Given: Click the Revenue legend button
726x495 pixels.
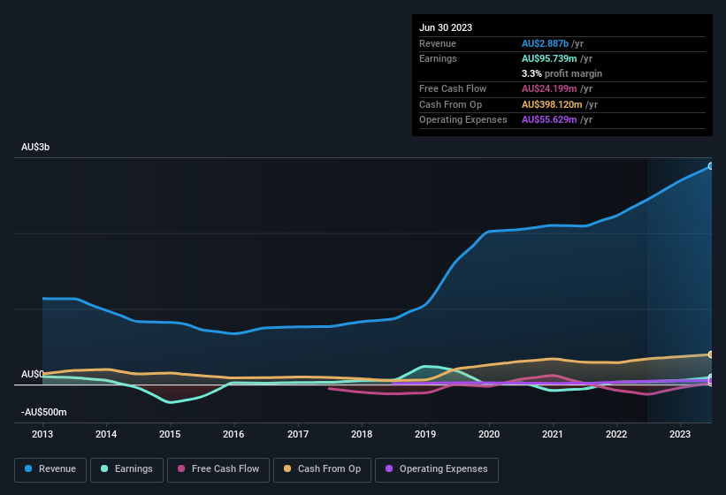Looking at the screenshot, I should (x=50, y=469).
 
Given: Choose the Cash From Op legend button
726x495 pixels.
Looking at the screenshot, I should (x=321, y=469).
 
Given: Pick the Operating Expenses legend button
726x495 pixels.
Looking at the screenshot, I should (x=437, y=469).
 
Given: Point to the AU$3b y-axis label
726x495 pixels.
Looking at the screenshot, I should (x=35, y=148).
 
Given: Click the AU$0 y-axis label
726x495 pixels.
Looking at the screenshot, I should (x=33, y=374).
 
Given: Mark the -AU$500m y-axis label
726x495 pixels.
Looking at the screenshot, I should (x=43, y=413).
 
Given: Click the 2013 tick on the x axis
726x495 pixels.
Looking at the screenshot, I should (x=42, y=434).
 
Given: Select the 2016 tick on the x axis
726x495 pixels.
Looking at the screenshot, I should (x=233, y=434).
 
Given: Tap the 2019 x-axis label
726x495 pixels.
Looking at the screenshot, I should (x=425, y=434).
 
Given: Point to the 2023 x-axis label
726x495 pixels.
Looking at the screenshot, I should (x=680, y=434).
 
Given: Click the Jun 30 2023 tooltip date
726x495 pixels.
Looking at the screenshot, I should (x=446, y=27).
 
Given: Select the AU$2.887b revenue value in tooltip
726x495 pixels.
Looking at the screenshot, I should (x=550, y=42).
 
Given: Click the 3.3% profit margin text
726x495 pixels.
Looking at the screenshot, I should (x=562, y=73).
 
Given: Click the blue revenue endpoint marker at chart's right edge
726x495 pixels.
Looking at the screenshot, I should (x=711, y=166).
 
